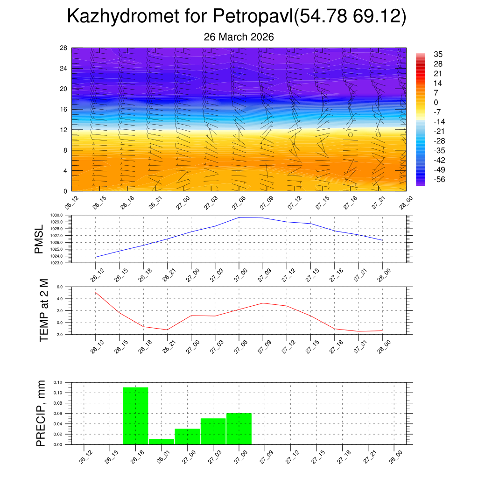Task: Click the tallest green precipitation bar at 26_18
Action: coord(135,415)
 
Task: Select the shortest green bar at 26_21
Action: coord(162,442)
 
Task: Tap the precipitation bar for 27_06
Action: coord(239,429)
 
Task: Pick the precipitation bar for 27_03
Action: coord(213,431)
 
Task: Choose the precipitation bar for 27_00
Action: coord(187,436)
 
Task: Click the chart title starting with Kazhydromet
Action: coord(237,16)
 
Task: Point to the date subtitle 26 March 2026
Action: coord(239,37)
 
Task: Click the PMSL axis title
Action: coord(38,239)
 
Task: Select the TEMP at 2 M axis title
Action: coord(44,310)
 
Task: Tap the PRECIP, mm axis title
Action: coord(41,413)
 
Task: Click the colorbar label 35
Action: coord(438,54)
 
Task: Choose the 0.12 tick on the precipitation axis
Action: coord(57,382)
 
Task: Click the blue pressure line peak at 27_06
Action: coord(239,218)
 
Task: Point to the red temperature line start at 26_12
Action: coord(96,293)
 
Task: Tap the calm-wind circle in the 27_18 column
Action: coord(350,134)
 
